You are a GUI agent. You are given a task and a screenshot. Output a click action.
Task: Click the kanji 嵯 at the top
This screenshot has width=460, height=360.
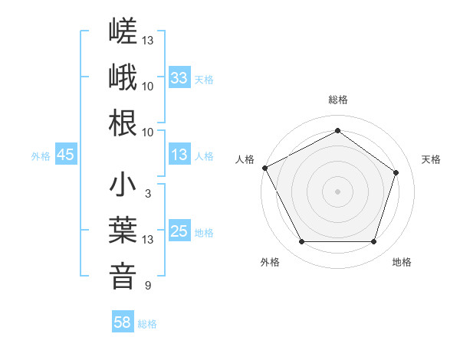click(x=123, y=31)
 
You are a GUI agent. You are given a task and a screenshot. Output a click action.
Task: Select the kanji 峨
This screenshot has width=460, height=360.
click(x=123, y=77)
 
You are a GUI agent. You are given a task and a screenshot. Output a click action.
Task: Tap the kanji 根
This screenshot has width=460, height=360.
click(x=123, y=123)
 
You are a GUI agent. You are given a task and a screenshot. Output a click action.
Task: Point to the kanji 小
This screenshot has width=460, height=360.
click(x=123, y=184)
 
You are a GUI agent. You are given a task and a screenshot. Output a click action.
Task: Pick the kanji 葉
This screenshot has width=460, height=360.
click(x=123, y=230)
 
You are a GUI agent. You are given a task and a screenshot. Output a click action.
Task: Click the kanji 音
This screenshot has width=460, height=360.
click(x=123, y=277)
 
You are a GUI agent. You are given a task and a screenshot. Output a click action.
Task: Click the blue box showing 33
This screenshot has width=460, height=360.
click(x=179, y=77)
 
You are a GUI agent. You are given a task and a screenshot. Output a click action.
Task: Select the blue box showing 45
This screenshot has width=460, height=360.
click(x=66, y=154)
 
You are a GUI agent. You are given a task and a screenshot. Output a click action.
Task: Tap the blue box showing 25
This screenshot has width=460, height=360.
click(x=179, y=230)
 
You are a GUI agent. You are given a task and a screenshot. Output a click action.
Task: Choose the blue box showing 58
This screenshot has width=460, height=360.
click(x=123, y=321)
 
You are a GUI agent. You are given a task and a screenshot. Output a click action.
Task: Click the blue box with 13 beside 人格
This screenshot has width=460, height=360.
click(x=179, y=154)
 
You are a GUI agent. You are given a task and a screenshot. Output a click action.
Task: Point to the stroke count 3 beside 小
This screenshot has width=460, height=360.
click(x=148, y=194)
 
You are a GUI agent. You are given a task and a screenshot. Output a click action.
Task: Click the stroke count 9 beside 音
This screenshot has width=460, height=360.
click(x=148, y=285)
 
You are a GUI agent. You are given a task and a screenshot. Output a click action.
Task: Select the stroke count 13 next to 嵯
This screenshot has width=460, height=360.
click(x=147, y=40)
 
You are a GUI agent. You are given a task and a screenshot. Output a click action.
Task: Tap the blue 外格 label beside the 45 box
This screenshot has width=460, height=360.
click(x=41, y=156)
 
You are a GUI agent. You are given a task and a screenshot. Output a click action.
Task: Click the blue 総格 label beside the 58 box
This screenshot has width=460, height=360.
click(x=147, y=324)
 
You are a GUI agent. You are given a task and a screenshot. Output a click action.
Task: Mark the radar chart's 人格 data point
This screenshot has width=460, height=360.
click(x=265, y=168)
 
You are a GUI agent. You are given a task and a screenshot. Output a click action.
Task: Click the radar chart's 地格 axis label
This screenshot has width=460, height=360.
click(x=402, y=262)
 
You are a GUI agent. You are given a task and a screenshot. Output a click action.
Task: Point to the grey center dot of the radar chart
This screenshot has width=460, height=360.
click(x=337, y=191)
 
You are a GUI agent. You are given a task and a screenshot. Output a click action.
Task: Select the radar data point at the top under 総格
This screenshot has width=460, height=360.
click(x=337, y=130)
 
